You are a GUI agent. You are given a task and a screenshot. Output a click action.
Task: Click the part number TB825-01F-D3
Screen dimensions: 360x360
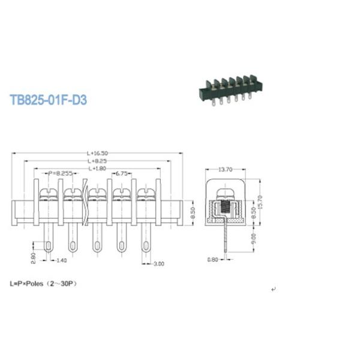49,100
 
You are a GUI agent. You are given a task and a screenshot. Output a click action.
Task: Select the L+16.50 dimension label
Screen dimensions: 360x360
97,154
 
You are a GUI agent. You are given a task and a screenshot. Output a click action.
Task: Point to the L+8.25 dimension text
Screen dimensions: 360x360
97,161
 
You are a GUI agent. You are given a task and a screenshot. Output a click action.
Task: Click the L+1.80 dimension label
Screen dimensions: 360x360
98,169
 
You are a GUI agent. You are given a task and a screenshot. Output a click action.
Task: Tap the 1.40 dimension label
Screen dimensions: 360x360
61,261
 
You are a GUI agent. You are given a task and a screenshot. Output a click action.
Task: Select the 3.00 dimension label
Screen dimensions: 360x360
158,263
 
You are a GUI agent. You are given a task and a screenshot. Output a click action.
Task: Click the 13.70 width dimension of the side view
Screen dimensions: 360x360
226,170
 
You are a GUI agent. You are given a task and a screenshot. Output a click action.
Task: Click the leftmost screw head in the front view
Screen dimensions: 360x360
47,194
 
